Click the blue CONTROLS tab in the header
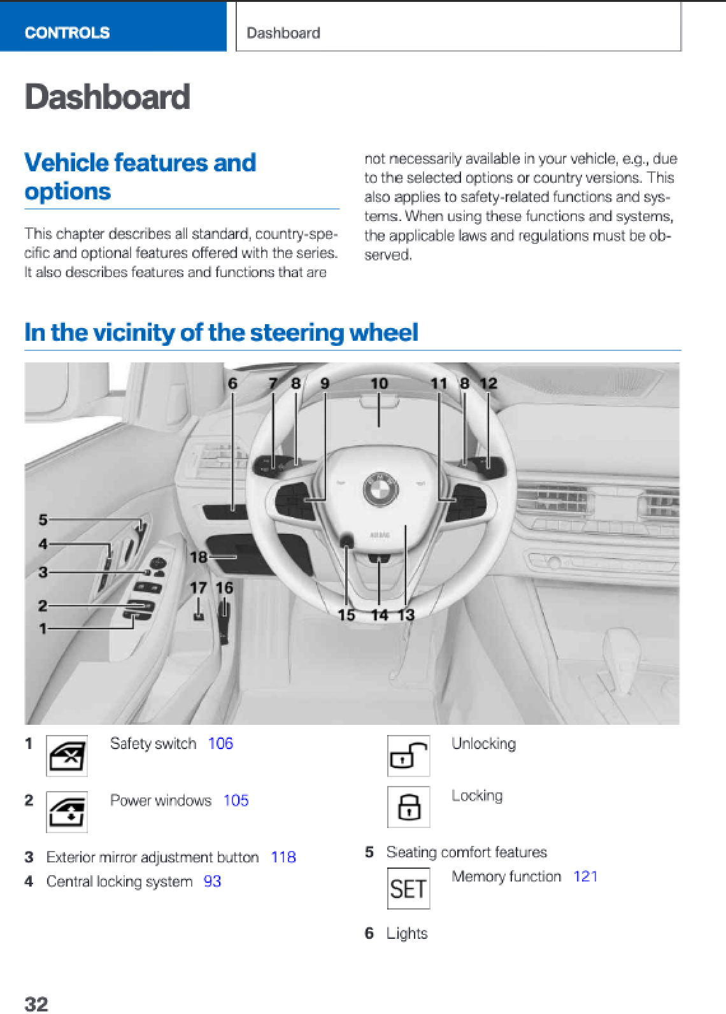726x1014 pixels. pos(67,32)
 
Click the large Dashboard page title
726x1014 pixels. pos(107,97)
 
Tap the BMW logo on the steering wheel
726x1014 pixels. pos(380,489)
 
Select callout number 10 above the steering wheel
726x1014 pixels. pos(379,383)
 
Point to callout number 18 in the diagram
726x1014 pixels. pos(198,557)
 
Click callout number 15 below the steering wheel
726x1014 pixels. pos(346,615)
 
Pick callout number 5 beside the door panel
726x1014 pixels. pos(43,519)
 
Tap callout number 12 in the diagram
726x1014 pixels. pos(488,383)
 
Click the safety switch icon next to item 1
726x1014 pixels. pos(66,756)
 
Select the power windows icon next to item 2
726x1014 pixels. pos(66,811)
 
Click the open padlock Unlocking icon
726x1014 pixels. pos(408,756)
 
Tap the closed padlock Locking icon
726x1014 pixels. pos(408,807)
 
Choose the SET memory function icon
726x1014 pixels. pos(408,889)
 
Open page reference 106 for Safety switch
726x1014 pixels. pos(220,743)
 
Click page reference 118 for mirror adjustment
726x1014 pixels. pos(283,857)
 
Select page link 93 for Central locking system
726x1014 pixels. pos(212,882)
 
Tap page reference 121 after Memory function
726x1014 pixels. pos(585,876)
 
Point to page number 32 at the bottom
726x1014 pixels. pos(36,1004)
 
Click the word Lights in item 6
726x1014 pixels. pos(407,934)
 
